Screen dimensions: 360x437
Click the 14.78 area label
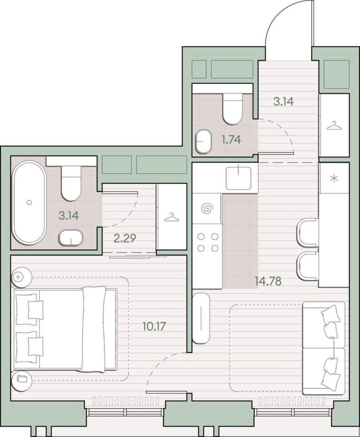click(268, 281)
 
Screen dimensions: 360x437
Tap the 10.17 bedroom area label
click(154, 326)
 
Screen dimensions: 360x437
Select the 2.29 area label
click(125, 238)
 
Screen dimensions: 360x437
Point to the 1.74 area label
click(231, 139)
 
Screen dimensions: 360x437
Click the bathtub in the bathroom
click(29, 203)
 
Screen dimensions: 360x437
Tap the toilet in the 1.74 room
click(232, 109)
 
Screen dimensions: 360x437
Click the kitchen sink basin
click(238, 178)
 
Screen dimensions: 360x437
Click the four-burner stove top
click(208, 242)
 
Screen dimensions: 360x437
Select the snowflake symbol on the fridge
click(334, 178)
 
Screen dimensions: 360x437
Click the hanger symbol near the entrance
click(334, 126)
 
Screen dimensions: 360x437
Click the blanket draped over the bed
click(94, 329)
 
